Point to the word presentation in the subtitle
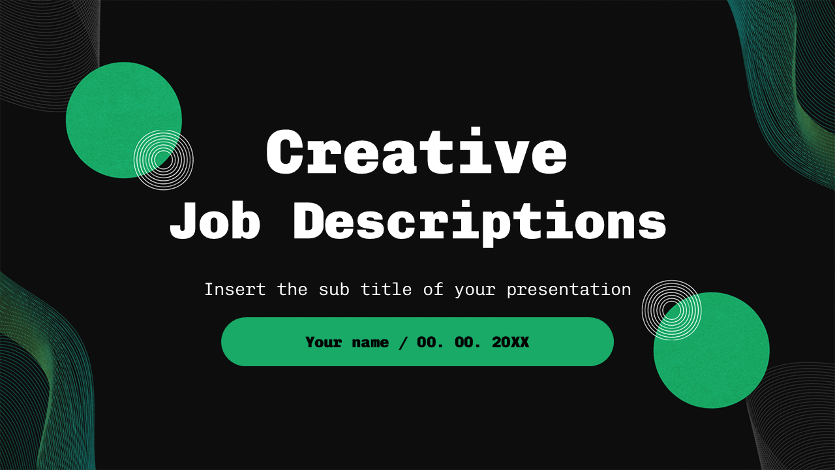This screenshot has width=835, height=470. point(569,289)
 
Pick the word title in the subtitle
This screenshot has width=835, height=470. point(391,289)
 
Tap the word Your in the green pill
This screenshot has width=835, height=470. point(324,342)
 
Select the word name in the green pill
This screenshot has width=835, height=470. point(371,343)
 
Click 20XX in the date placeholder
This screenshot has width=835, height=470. point(511,342)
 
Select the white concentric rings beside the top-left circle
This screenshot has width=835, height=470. point(164,159)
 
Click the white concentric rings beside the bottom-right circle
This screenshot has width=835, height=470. point(671,309)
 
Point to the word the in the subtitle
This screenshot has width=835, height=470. point(292,289)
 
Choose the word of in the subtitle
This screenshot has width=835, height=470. point(433,289)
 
